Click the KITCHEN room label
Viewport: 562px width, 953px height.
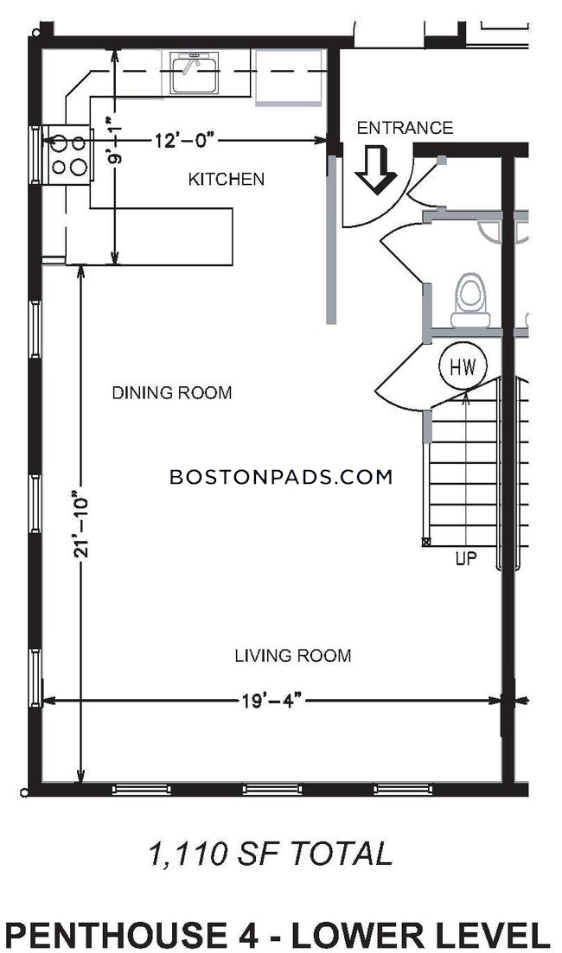click(x=226, y=180)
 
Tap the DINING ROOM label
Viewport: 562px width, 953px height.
click(x=172, y=392)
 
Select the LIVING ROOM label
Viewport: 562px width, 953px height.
click(x=292, y=656)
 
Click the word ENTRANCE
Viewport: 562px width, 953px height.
click(x=405, y=128)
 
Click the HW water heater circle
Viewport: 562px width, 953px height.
click(x=463, y=366)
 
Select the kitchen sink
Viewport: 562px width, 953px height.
click(x=194, y=73)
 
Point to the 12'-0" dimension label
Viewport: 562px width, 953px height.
click(x=185, y=141)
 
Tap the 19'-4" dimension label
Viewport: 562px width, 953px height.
click(x=270, y=701)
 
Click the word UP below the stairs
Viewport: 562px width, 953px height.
click(x=466, y=558)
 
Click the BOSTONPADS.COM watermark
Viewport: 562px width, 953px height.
click(x=281, y=477)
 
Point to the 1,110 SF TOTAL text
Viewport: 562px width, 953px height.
click(x=270, y=853)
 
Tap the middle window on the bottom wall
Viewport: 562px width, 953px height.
click(x=271, y=789)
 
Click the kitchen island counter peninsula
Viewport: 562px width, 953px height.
click(x=149, y=237)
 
